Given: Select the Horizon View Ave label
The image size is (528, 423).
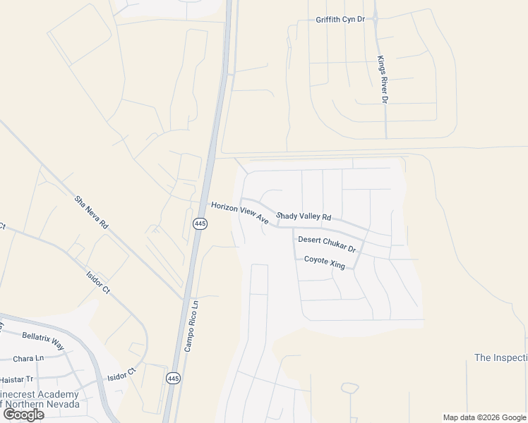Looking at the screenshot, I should click(x=240, y=212).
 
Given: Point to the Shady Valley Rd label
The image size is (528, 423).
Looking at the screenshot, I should click(x=304, y=216).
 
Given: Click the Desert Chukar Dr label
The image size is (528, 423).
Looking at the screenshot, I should click(x=326, y=244).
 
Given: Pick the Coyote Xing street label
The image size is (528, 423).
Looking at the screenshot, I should click(x=324, y=262).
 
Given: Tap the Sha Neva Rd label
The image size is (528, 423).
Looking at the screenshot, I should click(x=92, y=212).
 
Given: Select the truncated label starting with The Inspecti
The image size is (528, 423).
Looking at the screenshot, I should click(x=500, y=357).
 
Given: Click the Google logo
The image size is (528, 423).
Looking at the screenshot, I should click(x=23, y=415).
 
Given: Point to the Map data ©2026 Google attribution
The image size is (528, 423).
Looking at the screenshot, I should click(x=484, y=417).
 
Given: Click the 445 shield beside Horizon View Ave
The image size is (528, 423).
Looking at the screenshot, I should click(x=200, y=223).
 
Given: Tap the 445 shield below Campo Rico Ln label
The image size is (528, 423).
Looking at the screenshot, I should click(x=174, y=379).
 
